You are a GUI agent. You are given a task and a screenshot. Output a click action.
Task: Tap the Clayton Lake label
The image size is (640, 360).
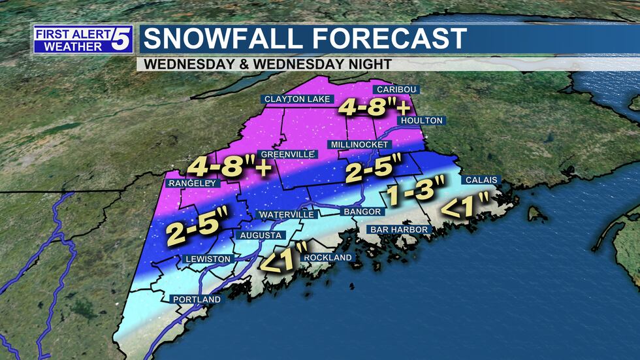coord(298,99)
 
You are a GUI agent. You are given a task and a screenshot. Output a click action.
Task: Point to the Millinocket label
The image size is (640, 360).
coord(359,144)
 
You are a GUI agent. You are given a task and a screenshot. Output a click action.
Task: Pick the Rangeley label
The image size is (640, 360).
coord(192,184)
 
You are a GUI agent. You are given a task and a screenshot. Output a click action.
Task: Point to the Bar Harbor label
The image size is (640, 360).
coord(399,230)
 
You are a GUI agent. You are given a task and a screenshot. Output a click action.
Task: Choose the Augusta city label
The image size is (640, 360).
coord(261,235)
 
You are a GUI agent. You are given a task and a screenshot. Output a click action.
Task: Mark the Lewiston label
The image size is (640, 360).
coord(208,259)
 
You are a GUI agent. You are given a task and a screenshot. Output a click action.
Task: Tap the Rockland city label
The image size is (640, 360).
coord(328,257)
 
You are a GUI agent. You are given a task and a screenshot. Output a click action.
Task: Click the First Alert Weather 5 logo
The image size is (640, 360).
coord(83,39)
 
